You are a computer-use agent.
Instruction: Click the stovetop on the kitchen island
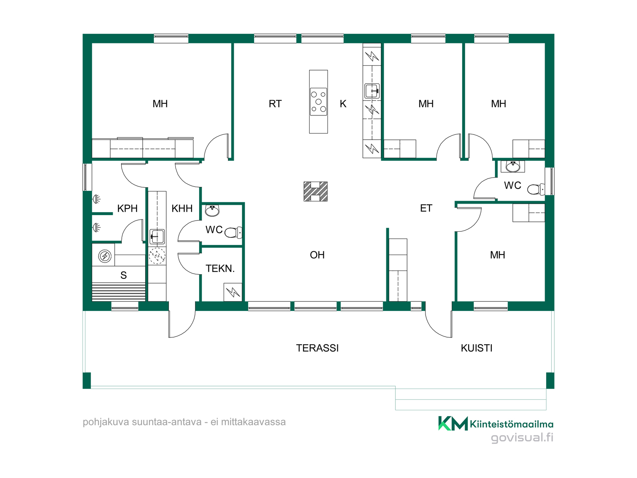[318, 102]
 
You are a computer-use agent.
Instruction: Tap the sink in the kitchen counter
[372, 91]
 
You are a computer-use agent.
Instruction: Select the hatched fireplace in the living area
[316, 192]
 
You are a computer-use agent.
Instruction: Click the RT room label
[275, 104]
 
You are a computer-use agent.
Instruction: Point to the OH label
[317, 255]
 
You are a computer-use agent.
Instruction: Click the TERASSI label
[318, 348]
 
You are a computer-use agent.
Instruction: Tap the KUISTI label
[477, 348]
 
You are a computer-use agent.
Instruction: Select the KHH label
[182, 208]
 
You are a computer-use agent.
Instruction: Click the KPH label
[127, 208]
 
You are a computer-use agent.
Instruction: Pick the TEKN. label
[220, 269]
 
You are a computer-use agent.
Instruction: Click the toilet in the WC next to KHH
[234, 232]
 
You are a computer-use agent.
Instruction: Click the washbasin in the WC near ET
[513, 166]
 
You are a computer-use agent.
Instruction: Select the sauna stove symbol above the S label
[105, 256]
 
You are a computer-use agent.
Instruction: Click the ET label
[426, 208]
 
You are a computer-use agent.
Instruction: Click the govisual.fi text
[522, 438]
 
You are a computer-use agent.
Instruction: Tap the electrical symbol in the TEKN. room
[233, 292]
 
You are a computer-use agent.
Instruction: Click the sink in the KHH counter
[157, 237]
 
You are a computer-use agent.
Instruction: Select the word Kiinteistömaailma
[512, 424]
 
